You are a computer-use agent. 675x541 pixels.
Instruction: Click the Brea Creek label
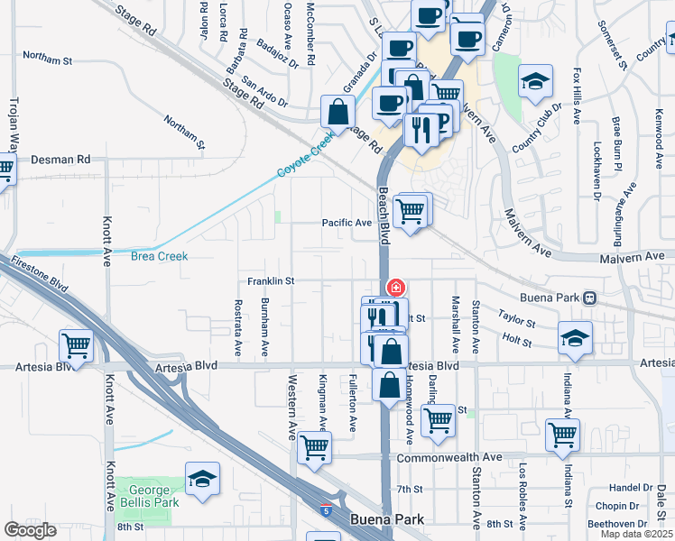coord(159,256)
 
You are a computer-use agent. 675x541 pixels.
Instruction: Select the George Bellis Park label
coord(148,495)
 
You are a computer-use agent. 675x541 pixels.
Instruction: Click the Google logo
coord(30,530)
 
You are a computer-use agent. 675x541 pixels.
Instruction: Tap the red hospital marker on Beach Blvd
coord(394,287)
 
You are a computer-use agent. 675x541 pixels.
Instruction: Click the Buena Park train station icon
coord(589,297)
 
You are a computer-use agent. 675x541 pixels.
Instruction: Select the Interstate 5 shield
coord(323,510)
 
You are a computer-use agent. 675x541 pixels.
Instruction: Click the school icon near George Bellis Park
coord(203,479)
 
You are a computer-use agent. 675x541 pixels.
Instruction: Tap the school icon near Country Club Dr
coord(535,81)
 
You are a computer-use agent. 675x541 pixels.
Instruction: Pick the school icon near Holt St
coord(575,338)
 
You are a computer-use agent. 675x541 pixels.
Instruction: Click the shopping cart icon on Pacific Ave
coord(411,210)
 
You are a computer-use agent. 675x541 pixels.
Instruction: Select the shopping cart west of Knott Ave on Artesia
coord(76,346)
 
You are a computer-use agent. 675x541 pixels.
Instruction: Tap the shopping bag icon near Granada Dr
coord(337,113)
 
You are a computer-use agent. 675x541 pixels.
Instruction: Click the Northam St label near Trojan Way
coord(47,58)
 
